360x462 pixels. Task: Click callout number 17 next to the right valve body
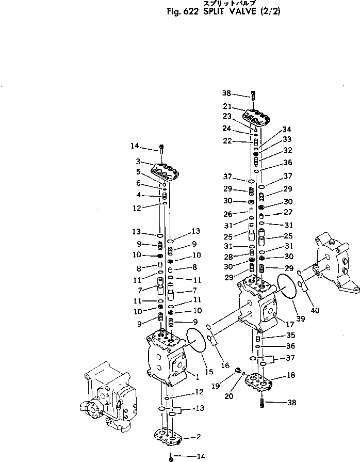click(283, 325)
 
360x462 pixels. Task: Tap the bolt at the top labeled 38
click(253, 94)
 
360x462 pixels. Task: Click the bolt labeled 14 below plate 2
click(171, 456)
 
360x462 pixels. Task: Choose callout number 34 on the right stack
click(287, 129)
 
